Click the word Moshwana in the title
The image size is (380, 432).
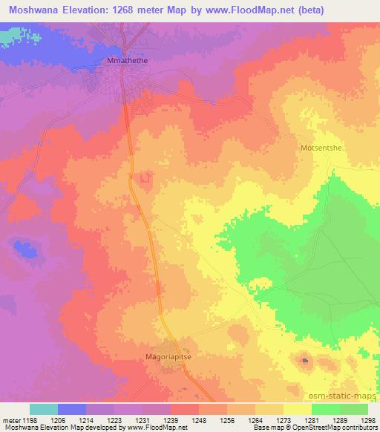coord(33,10)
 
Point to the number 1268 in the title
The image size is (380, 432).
coord(140,10)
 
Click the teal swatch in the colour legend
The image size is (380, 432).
coord(43,409)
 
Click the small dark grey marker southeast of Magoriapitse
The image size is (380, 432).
coord(305,361)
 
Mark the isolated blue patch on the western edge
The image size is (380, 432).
coord(27,251)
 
